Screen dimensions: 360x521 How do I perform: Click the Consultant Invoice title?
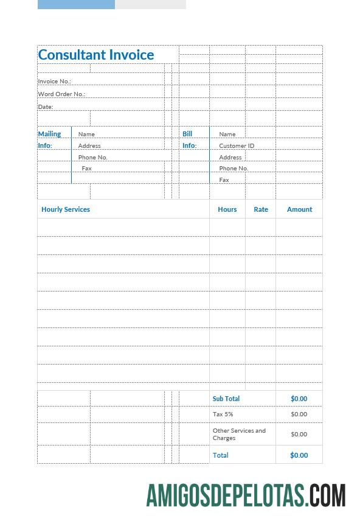coord(96,55)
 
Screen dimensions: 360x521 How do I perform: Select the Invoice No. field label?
coord(54,82)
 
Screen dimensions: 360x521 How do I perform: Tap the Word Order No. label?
coord(61,94)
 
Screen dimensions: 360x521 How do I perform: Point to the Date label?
coord(46,107)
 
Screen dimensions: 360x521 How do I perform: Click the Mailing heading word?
coord(49,134)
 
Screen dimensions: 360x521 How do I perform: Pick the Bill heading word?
coord(187,134)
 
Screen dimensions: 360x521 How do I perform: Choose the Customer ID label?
coord(237,146)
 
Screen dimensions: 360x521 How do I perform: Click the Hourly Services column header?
coord(66,209)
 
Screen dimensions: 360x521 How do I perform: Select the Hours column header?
coord(227,209)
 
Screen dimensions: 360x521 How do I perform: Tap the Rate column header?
coord(261,209)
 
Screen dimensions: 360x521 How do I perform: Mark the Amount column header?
coord(299,209)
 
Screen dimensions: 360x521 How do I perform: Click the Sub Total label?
coord(226,399)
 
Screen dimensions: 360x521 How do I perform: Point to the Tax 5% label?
coord(223,414)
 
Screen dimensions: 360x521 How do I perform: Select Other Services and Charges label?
coord(239,434)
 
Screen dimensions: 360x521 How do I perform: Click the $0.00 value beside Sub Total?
coord(299,399)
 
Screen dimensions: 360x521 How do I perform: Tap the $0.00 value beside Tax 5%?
coord(299,414)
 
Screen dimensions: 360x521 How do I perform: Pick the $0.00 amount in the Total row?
coord(299,455)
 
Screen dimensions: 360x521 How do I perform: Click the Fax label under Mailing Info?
coord(87,169)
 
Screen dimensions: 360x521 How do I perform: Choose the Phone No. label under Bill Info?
coord(234,169)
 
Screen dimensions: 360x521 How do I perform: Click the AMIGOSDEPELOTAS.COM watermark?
coord(246,496)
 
